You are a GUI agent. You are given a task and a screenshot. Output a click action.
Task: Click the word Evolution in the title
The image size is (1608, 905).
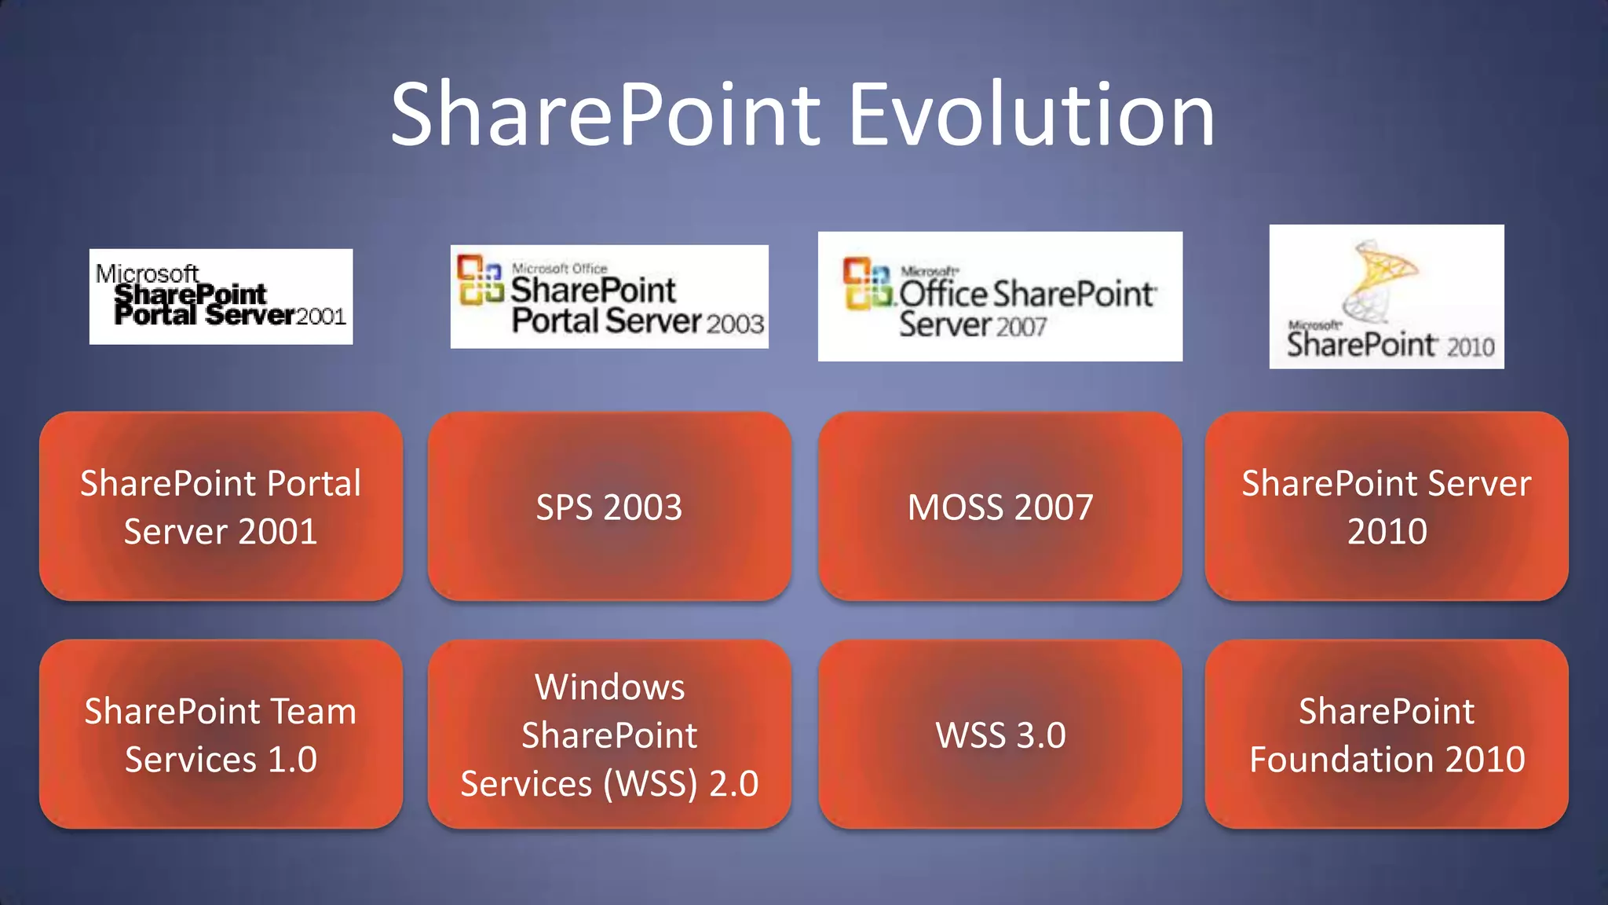[x=1032, y=115]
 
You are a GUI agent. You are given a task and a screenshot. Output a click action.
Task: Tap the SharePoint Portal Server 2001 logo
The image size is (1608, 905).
[x=221, y=296]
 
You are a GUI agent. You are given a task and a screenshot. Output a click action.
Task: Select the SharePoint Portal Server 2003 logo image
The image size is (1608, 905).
[x=609, y=296]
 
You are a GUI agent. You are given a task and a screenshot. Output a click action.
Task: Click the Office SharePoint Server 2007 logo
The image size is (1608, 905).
[x=1000, y=296]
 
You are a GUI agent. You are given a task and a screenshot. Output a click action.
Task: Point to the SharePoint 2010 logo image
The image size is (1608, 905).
[x=1387, y=296]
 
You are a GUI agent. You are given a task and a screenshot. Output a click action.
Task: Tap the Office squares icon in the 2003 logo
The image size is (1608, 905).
[x=480, y=280]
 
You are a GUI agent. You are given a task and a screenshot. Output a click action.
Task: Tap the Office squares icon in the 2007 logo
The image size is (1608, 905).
[x=868, y=284]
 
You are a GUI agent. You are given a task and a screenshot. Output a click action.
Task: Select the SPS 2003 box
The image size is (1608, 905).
[x=609, y=507]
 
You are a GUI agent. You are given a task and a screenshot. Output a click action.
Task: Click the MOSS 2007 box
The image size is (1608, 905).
[x=1000, y=507]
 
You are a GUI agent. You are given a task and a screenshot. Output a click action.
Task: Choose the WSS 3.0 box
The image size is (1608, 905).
[x=1000, y=735]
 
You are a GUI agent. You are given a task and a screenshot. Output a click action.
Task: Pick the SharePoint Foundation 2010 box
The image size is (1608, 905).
[x=1387, y=735]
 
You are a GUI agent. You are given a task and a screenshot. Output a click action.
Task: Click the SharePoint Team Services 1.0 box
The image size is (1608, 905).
[x=221, y=735]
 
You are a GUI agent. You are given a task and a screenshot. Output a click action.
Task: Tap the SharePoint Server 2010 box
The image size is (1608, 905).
[x=1387, y=507]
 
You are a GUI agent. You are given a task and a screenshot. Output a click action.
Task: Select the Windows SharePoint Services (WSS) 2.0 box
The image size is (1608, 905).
[x=609, y=735]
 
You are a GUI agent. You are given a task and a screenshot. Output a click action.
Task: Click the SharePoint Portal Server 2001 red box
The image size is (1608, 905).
[x=221, y=507]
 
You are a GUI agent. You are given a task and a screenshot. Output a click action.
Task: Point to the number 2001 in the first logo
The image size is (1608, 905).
[x=320, y=317]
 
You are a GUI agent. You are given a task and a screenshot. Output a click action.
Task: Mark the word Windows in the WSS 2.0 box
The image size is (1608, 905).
[x=609, y=687]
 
